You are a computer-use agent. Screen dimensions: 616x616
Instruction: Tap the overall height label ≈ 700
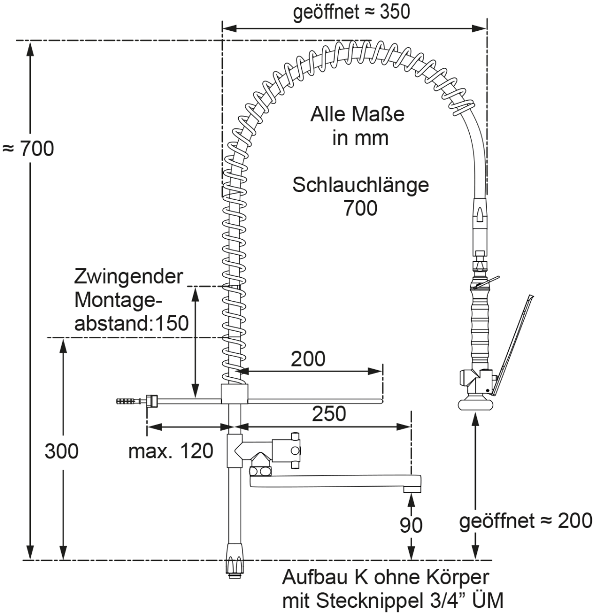(x=29, y=149)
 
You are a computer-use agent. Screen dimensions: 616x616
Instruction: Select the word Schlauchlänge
(x=360, y=185)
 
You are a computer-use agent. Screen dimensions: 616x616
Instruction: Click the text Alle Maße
(x=357, y=114)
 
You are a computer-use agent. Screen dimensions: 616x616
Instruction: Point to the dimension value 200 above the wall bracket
(x=308, y=359)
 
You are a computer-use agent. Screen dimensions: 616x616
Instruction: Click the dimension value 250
(x=329, y=413)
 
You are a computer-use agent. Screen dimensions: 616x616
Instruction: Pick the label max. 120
(x=170, y=451)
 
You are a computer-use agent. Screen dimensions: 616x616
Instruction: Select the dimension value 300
(x=62, y=451)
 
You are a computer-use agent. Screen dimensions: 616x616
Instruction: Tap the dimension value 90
(x=411, y=525)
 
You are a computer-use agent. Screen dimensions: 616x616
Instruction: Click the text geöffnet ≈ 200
(x=526, y=521)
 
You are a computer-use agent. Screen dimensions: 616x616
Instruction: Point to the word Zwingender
(x=128, y=277)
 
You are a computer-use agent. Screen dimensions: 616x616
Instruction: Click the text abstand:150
(x=132, y=323)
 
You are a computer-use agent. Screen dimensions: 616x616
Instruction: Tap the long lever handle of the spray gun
(x=513, y=344)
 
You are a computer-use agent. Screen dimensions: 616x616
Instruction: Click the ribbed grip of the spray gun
(x=480, y=329)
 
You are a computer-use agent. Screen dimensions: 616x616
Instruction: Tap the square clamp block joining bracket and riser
(x=235, y=394)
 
